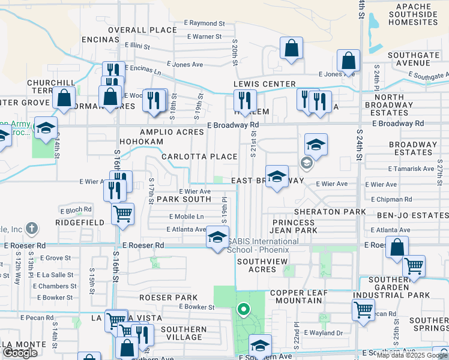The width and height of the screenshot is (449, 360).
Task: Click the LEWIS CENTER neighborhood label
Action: (x=264, y=84)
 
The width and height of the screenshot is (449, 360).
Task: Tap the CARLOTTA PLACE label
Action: (x=199, y=157)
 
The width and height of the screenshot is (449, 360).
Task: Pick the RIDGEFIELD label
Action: (x=80, y=222)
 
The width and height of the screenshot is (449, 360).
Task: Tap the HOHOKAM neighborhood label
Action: (x=141, y=142)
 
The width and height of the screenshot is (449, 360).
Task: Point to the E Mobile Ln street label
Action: (x=186, y=216)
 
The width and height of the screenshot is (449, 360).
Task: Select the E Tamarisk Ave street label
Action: (x=411, y=169)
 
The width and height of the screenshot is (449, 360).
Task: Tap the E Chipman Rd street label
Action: (x=391, y=199)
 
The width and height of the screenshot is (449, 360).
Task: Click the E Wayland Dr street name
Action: (x=323, y=332)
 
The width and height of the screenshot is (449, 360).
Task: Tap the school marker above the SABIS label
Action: (x=218, y=236)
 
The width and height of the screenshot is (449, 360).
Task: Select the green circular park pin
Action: (x=243, y=310)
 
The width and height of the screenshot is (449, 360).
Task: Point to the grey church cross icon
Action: (x=32, y=228)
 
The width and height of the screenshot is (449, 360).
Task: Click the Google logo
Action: (x=20, y=353)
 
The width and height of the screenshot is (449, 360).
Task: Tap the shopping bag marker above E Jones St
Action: (x=348, y=61)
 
